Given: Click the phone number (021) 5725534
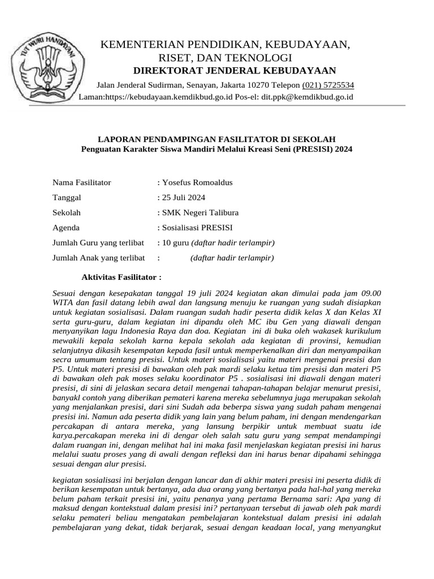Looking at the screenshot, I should point(328,85).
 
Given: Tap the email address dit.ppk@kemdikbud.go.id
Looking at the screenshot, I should point(307,97).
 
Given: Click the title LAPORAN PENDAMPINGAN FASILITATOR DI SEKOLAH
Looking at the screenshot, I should point(217,139).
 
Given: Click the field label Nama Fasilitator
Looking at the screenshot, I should point(82,182).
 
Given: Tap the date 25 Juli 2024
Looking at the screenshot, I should point(184,197).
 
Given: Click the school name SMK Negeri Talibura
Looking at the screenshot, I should point(200,213).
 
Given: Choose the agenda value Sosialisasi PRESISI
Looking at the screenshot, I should point(197,228).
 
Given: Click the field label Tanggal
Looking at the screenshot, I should point(67,197).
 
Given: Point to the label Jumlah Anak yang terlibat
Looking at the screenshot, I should point(99,258).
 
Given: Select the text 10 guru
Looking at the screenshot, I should point(175,243).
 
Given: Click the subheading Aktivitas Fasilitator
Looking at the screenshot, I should point(121,278).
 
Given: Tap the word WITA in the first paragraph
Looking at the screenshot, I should point(63,303).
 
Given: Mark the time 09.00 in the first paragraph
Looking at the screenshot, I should point(371,293).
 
